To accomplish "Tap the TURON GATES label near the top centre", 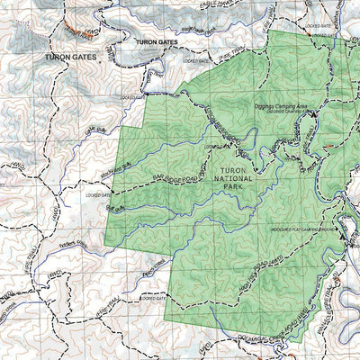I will (157, 42).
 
